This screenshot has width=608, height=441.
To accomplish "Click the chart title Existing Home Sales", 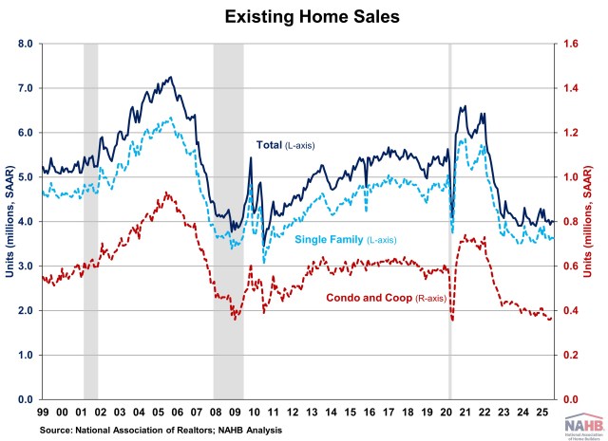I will click(x=304, y=17).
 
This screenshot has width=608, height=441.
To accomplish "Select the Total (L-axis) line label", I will click(x=285, y=145).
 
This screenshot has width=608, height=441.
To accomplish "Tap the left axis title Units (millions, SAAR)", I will click(x=9, y=221).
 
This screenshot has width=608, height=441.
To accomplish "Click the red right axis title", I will click(x=598, y=221).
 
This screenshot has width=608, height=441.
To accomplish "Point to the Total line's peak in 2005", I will click(x=170, y=78).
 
